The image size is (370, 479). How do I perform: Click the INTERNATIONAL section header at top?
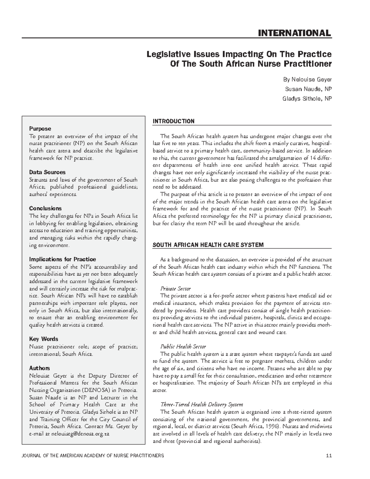pos(294,33)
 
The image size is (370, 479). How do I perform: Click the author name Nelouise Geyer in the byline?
pos(311,80)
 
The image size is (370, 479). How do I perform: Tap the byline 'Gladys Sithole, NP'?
pos(307,99)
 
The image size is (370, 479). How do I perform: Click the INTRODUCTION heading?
pos(174,121)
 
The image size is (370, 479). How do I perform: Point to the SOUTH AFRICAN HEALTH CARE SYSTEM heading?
pos(208,245)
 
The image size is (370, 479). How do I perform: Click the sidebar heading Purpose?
pos(40,129)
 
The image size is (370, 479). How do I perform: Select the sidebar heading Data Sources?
pos(47,172)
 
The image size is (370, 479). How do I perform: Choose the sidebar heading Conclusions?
pos(45,208)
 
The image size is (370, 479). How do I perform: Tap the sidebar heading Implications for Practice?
pos(62,259)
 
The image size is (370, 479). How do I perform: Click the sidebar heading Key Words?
pos(43,339)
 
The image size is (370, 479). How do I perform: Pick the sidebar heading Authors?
pos(39,368)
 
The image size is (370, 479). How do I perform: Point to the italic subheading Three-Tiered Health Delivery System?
pos(202,404)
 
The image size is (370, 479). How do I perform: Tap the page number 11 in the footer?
pos(329,456)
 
